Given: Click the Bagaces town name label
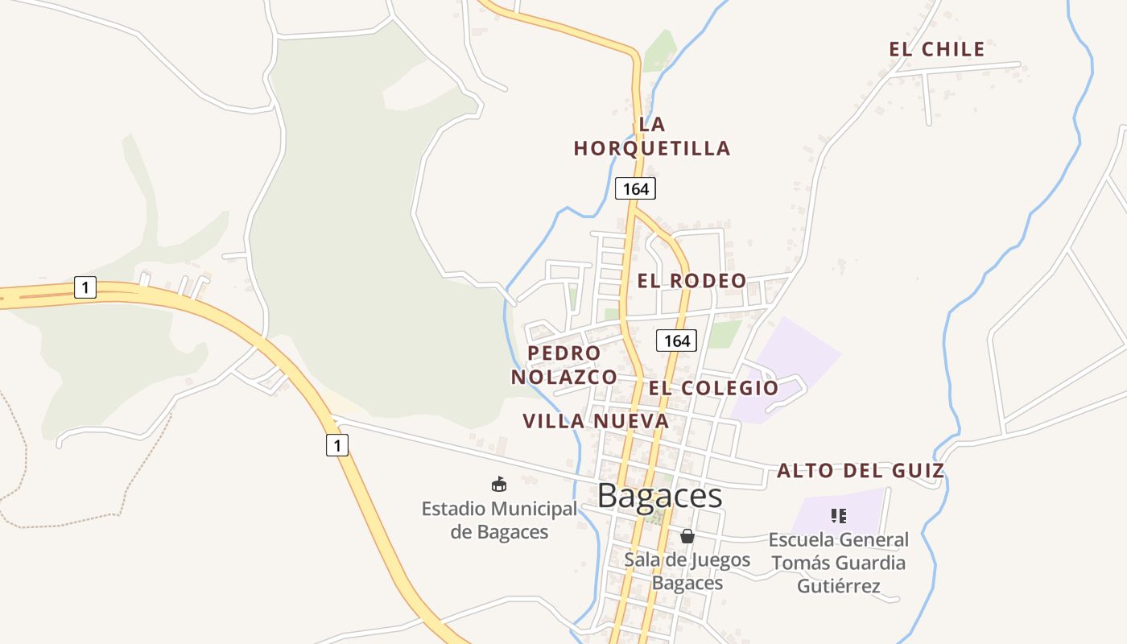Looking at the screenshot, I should pyautogui.click(x=660, y=496).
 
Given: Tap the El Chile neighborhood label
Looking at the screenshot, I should pyautogui.click(x=936, y=49).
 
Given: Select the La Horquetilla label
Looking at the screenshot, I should pyautogui.click(x=652, y=137).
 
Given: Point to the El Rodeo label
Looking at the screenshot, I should pyautogui.click(x=691, y=281).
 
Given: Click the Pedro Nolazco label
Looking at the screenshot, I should pyautogui.click(x=563, y=365).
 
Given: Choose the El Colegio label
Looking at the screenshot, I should pyautogui.click(x=714, y=388).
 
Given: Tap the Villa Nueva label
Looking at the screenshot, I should pyautogui.click(x=596, y=421).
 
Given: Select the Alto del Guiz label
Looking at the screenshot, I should pyautogui.click(x=860, y=471).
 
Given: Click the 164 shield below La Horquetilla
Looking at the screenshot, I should pyautogui.click(x=635, y=189).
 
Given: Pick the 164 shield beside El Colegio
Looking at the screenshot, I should pyautogui.click(x=676, y=341).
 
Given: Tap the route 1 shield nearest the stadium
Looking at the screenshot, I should pyautogui.click(x=337, y=444).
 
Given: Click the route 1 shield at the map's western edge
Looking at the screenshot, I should pyautogui.click(x=85, y=287).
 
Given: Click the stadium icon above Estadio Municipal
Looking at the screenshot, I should pyautogui.click(x=499, y=484).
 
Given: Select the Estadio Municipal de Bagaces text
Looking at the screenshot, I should pyautogui.click(x=499, y=520).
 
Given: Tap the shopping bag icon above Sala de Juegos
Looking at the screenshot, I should pyautogui.click(x=687, y=536).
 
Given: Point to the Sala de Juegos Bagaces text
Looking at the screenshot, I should pyautogui.click(x=687, y=571).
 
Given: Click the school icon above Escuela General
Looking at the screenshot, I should pyautogui.click(x=839, y=515).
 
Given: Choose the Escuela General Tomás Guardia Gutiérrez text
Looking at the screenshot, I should pyautogui.click(x=839, y=563).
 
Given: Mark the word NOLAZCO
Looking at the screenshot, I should pyautogui.click(x=563, y=377).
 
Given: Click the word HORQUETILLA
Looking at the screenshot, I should pyautogui.click(x=652, y=149).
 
